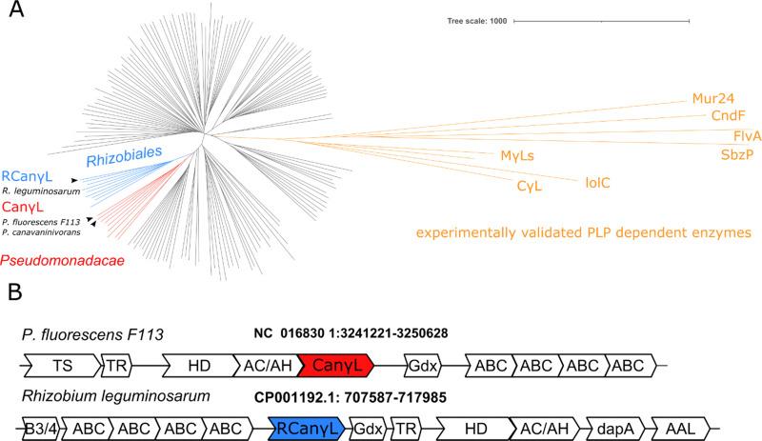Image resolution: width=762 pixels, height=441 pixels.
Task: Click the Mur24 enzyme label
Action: (x=713, y=98)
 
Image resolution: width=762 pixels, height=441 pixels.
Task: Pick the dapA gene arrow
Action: (x=610, y=426)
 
